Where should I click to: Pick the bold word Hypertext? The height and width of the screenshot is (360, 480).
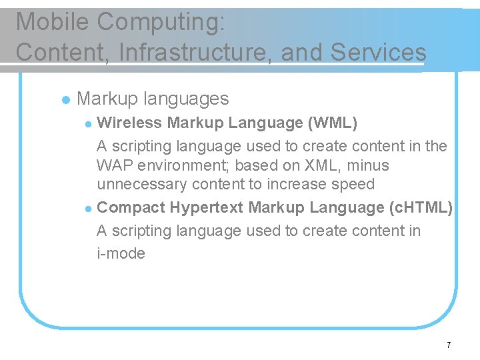pyautogui.click(x=206, y=208)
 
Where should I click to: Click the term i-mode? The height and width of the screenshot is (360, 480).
pyautogui.click(x=121, y=253)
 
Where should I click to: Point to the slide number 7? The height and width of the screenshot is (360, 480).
pyautogui.click(x=449, y=345)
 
